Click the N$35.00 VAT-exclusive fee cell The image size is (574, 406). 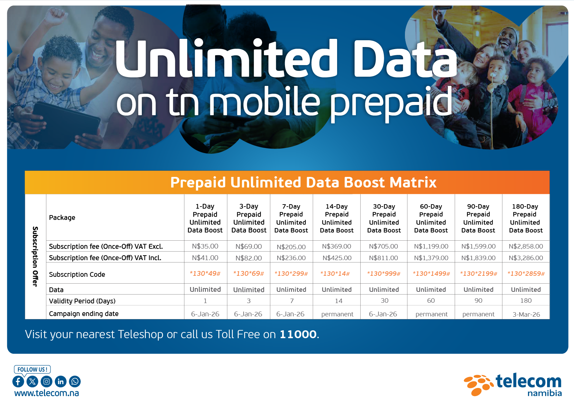coord(205,246)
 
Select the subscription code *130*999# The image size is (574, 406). coord(383,274)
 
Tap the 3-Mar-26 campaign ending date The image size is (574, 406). coord(526,314)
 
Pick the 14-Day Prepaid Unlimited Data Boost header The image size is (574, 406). coord(337,218)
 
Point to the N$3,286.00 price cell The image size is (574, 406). coord(526,258)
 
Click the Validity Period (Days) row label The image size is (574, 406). coord(82,301)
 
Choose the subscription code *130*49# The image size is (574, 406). coord(205,274)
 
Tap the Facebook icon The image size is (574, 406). coord(18,382)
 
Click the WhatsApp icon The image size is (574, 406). coord(75,382)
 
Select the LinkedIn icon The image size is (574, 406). coord(61,382)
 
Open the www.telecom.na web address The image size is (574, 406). coord(47,393)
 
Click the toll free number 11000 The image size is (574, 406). coord(298,334)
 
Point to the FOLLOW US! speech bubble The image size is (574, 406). coord(32,370)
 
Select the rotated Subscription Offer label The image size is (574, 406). coord(35,257)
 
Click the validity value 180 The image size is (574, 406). coord(526,301)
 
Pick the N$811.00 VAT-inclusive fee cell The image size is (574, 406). coord(383,258)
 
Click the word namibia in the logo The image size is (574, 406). coord(545,393)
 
